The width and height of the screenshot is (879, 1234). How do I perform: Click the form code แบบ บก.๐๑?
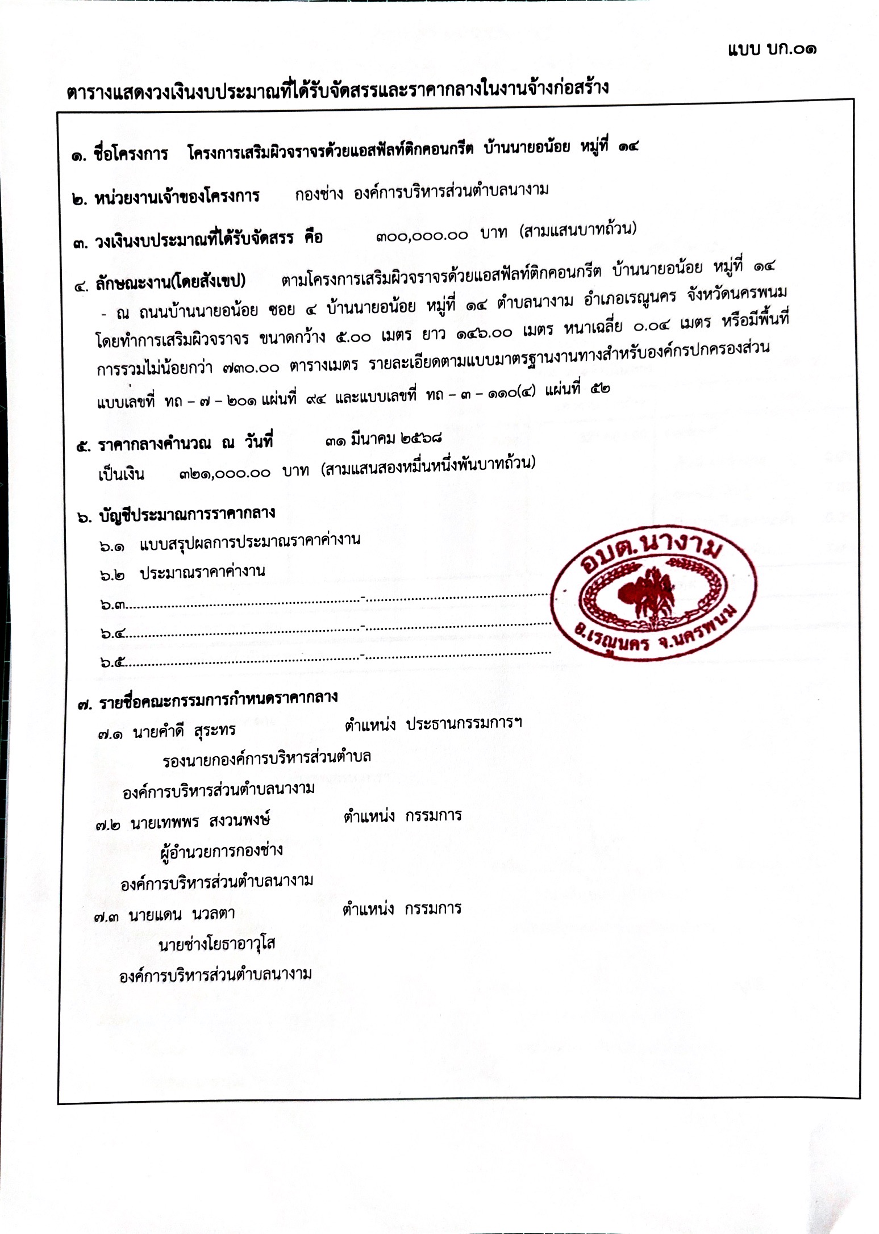pos(772,49)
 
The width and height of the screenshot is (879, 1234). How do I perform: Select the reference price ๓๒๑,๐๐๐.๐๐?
pos(224,473)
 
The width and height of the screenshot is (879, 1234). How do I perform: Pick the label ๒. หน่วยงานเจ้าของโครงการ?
pos(166,198)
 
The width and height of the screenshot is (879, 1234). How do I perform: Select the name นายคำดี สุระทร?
pos(184,732)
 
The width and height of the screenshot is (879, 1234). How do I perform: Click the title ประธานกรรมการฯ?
pos(464,723)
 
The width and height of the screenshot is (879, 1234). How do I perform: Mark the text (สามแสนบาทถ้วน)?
pos(578,230)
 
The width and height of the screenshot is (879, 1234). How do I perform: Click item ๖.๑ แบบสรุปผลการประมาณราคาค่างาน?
pos(230,543)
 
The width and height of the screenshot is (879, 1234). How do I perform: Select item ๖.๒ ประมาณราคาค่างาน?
pos(182,573)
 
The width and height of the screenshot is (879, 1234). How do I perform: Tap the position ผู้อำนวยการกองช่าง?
pos(222,851)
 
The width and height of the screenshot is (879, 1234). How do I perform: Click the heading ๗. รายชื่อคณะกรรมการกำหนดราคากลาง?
pos(208,700)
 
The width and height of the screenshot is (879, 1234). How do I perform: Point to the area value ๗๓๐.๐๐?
pos(251,368)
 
